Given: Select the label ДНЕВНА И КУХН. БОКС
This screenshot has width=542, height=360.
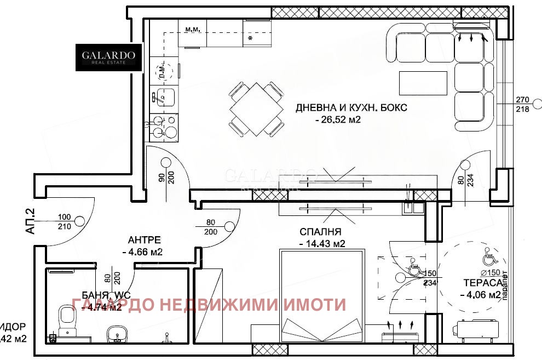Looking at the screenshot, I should click(351, 108).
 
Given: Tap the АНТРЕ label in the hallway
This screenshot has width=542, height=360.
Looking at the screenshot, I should click(144, 240).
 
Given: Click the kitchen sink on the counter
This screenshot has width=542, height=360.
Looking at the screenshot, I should click(164, 97).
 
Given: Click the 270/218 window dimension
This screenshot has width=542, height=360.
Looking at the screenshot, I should click(523, 105).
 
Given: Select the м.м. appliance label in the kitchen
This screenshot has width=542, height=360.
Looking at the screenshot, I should click(192, 29).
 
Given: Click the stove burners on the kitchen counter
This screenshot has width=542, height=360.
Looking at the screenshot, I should click(165, 126).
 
